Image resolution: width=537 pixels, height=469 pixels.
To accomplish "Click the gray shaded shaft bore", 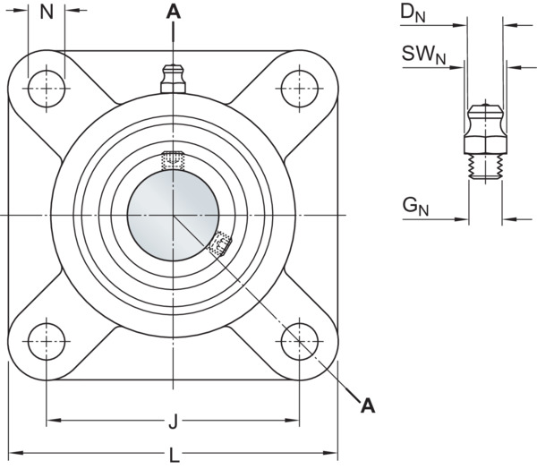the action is [x=173, y=215].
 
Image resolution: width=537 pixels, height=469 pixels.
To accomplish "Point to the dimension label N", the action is [x=47, y=12].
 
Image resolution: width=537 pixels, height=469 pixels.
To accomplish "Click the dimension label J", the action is [x=174, y=422].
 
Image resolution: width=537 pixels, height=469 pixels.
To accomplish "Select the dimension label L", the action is [x=175, y=456].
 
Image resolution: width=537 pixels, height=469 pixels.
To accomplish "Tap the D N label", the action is [x=413, y=13].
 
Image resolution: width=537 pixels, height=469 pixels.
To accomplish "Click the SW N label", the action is [x=423, y=55].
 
